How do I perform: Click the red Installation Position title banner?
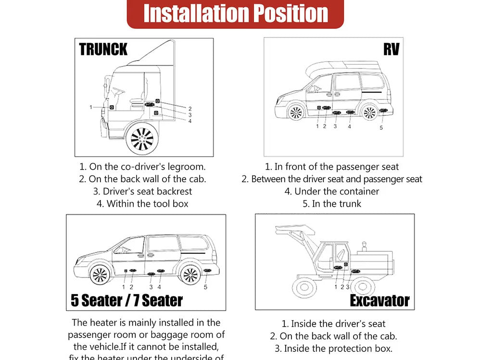click(235, 13)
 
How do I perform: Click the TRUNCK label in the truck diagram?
click(103, 49)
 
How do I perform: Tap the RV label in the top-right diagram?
click(391, 49)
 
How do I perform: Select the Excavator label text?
click(380, 301)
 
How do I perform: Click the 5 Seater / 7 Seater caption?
click(127, 300)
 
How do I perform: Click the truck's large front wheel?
click(142, 139)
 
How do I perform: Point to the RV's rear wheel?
click(369, 112)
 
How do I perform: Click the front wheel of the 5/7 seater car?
click(100, 274)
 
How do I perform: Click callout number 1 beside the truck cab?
click(91, 107)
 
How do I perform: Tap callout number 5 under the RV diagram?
click(381, 128)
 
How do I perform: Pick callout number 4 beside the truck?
click(190, 121)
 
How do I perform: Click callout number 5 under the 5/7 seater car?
click(205, 287)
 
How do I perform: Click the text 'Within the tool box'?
click(142, 204)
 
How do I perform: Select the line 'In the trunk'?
click(332, 204)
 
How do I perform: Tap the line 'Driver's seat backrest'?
click(142, 191)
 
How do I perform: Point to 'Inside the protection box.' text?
click(333, 348)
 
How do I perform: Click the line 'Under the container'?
click(332, 191)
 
